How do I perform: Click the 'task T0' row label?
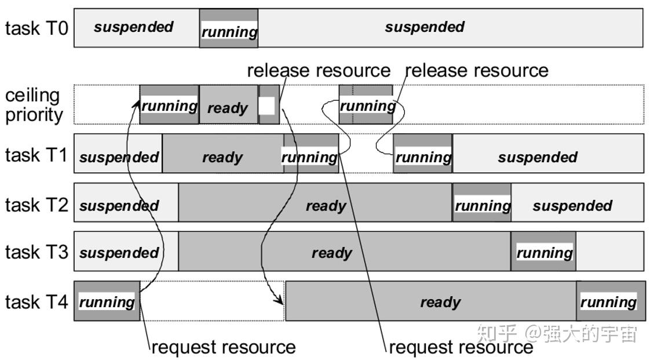[36, 28]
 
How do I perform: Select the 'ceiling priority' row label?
[34, 105]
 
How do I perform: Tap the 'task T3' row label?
[36, 252]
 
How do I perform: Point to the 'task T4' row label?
[36, 301]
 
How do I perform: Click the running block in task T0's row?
[229, 28]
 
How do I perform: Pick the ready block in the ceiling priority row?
[228, 104]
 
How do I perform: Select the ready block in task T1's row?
[222, 153]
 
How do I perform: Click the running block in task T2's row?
[482, 202]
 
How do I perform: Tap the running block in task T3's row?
[543, 251]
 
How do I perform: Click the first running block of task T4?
[107, 301]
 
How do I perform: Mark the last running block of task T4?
[611, 301]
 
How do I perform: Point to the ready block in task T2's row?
[315, 202]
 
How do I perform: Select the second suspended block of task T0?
[451, 28]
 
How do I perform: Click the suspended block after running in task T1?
[548, 153]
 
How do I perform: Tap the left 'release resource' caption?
[319, 71]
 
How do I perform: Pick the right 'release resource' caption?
[477, 71]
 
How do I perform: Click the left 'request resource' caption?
[224, 347]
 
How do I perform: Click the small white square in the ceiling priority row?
[266, 106]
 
